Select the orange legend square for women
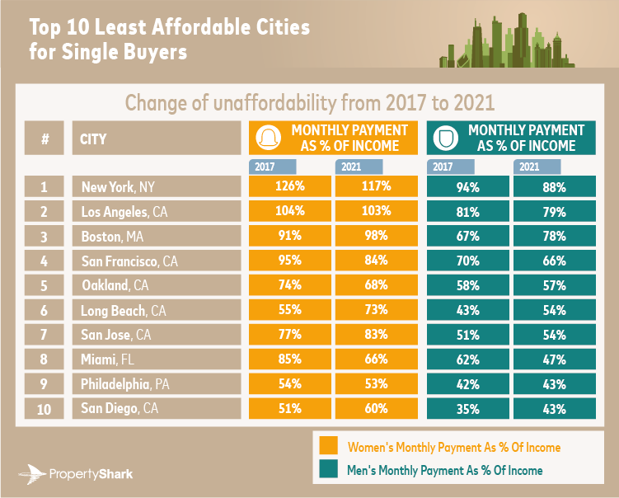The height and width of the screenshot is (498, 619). coord(329,446)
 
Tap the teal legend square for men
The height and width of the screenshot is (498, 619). coord(329,470)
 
